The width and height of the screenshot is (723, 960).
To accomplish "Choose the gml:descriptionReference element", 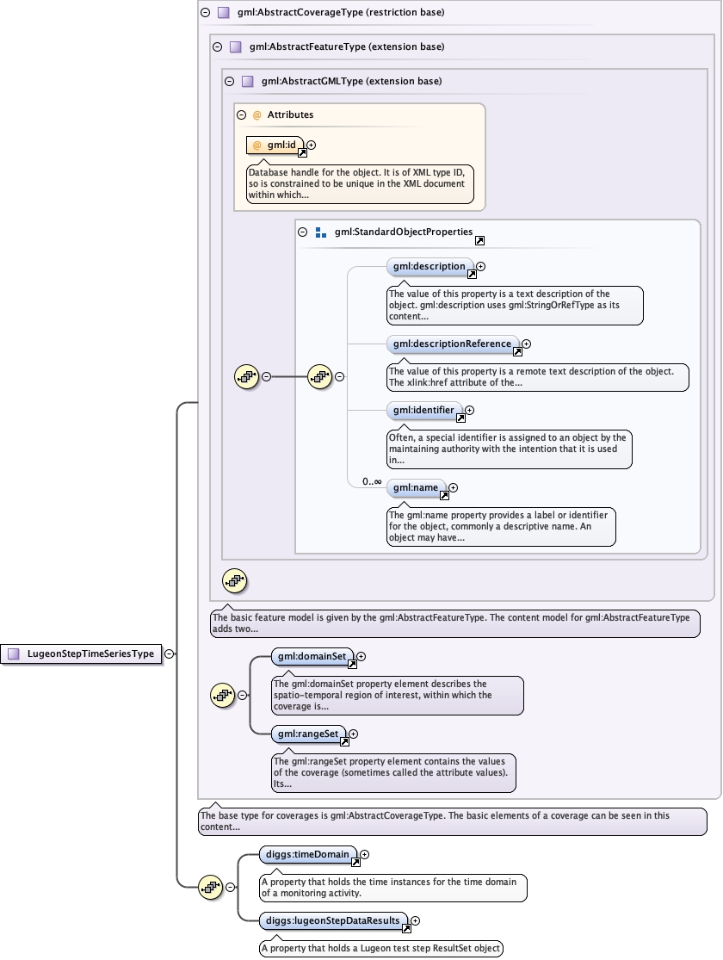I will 452,344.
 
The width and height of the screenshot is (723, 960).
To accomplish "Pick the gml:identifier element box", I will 423,411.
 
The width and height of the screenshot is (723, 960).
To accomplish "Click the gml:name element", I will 416,488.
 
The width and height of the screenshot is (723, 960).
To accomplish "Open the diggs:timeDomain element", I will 306,855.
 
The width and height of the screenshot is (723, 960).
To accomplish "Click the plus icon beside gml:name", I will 454,488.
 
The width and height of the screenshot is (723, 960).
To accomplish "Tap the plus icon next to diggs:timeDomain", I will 365,855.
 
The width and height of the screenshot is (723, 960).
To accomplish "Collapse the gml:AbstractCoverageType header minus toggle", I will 205,13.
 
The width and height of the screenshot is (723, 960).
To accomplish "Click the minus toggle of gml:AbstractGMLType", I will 229,82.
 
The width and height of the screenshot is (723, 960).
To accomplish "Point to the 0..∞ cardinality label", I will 372,482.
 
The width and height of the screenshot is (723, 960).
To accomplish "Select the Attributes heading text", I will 290,115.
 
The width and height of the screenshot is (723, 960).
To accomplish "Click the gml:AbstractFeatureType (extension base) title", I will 347,46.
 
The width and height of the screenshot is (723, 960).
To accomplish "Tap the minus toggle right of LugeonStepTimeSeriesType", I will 170,653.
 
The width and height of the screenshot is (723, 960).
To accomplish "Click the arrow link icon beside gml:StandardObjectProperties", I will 479,241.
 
